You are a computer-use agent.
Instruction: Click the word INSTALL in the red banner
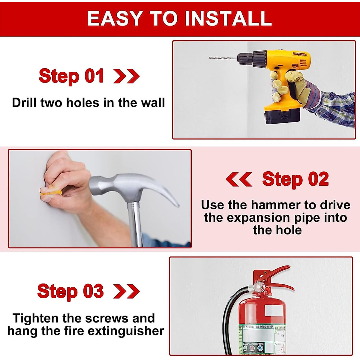click(228, 19)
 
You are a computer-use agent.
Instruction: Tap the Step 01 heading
click(71, 76)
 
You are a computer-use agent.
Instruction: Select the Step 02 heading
click(295, 179)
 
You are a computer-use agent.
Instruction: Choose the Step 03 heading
click(70, 291)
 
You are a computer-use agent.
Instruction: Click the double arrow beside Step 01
click(126, 76)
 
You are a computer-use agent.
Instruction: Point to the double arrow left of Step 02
click(239, 179)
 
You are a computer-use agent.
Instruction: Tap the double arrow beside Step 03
click(126, 291)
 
